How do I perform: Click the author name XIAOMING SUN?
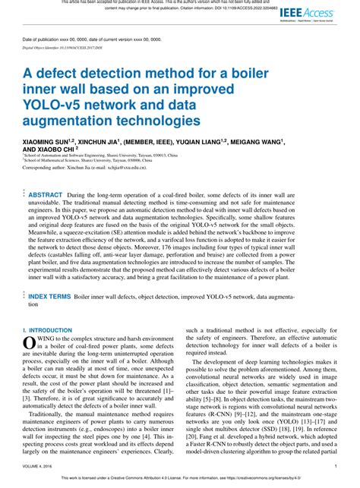point(50,141)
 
